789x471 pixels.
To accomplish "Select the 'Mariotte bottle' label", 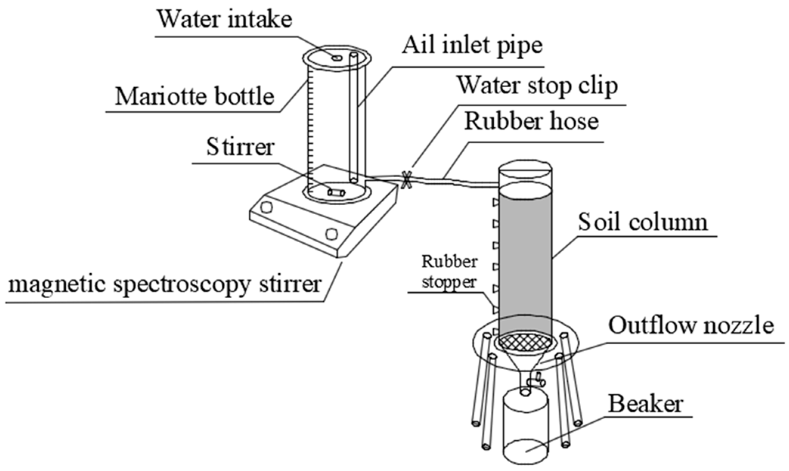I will tap(194, 96).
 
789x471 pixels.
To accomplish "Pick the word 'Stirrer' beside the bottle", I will tap(240, 147).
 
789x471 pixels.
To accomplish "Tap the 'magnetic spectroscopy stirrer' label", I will tap(165, 284).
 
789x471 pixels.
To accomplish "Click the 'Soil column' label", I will tap(642, 222).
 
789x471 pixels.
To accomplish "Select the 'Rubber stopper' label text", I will tap(449, 271).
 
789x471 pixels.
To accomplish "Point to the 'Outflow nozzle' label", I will tap(691, 325).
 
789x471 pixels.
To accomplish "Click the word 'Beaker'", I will tap(645, 404).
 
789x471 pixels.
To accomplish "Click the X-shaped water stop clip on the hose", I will tap(406, 180).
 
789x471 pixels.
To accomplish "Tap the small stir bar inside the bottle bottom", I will tap(336, 192).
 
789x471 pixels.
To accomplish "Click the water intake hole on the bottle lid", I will tap(336, 58).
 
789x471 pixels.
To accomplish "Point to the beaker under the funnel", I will tap(525, 427).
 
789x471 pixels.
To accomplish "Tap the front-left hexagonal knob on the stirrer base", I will tap(267, 207).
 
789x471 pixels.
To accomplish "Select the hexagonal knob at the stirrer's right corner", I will tap(332, 234).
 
